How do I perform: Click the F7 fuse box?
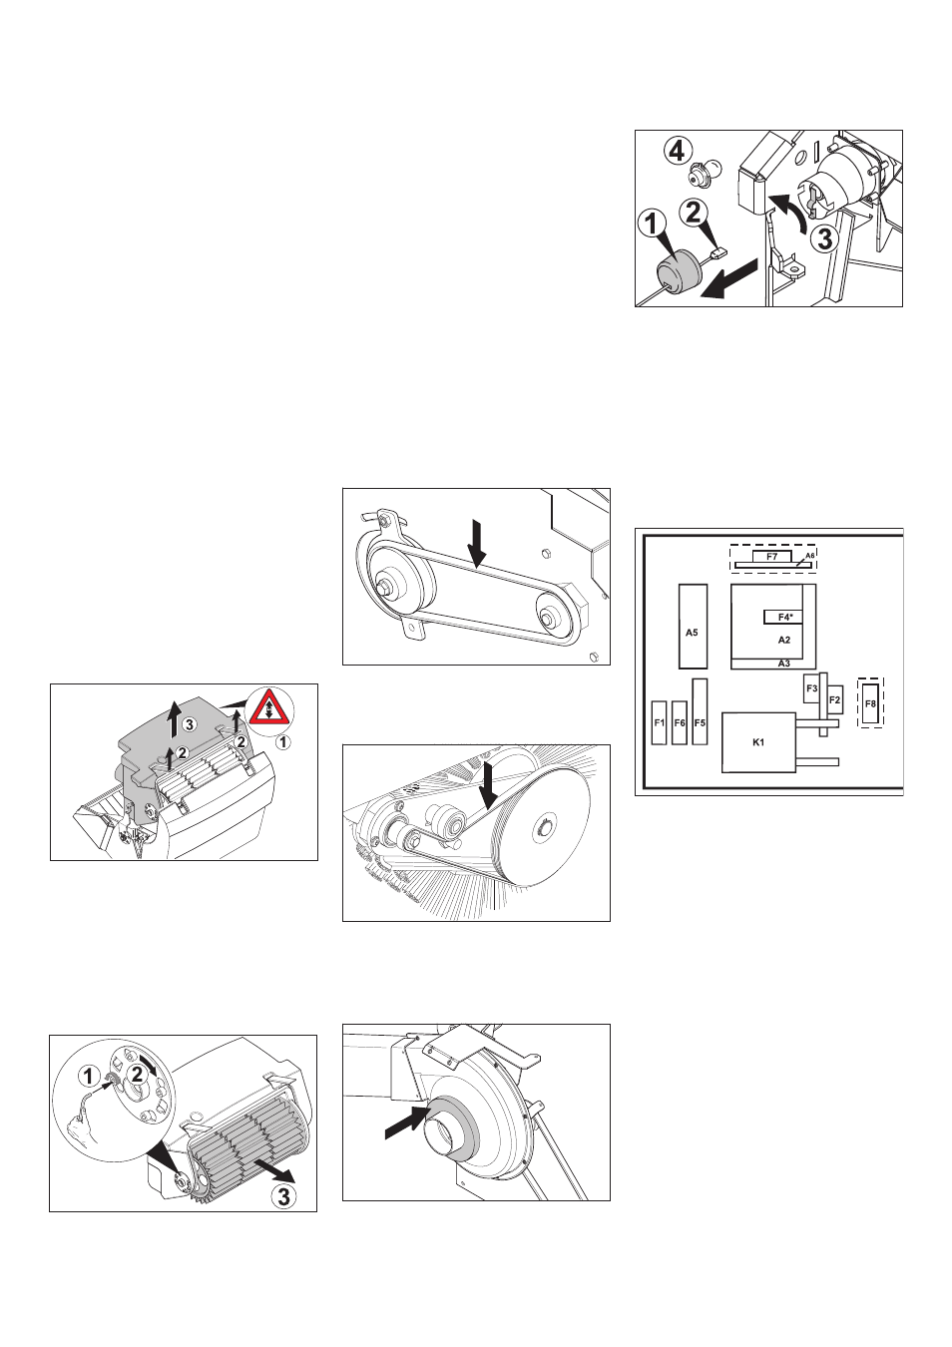click(x=772, y=556)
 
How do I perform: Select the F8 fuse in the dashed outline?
click(x=870, y=703)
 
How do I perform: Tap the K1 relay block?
click(x=758, y=742)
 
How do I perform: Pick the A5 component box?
click(x=693, y=626)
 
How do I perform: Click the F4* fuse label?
click(x=783, y=617)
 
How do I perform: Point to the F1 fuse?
click(x=660, y=722)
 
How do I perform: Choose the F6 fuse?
click(x=679, y=722)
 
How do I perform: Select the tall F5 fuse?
click(x=700, y=712)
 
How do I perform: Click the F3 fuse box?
click(x=812, y=688)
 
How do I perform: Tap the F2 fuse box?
click(x=834, y=700)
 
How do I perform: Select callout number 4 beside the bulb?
click(x=678, y=151)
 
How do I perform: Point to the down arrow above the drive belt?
click(x=476, y=544)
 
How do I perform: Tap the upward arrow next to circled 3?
click(x=174, y=721)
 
